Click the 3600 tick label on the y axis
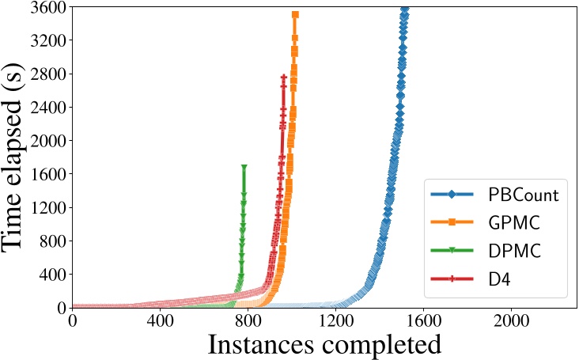[47, 7]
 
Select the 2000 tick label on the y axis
[47, 141]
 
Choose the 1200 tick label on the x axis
[335, 323]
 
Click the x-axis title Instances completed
[324, 345]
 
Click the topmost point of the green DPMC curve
[244, 167]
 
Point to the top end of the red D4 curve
[284, 78]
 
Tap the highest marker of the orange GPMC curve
[295, 14]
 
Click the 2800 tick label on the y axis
[47, 74]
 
